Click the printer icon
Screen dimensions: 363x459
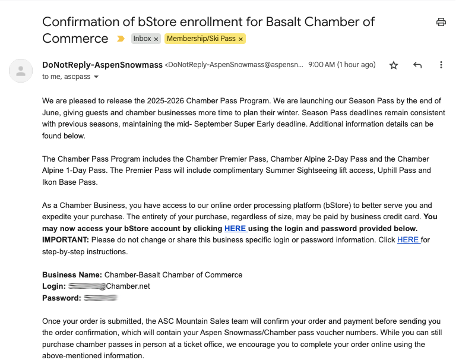coord(441,23)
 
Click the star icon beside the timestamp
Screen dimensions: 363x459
coord(394,65)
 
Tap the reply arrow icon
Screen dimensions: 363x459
coord(417,65)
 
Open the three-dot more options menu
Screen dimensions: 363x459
coord(441,65)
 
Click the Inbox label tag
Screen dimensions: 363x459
coord(143,39)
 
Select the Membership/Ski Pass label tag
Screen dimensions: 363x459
coord(201,39)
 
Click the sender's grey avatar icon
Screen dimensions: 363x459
coord(21,71)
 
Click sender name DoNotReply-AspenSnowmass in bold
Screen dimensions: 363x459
coord(102,65)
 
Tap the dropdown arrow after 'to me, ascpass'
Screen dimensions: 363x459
coord(96,77)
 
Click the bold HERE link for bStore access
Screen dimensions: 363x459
coord(235,229)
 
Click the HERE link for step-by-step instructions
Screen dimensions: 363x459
coord(408,240)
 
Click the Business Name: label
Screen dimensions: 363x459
coord(72,275)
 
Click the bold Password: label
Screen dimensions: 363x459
coord(61,298)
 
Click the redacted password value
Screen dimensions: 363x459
coord(100,298)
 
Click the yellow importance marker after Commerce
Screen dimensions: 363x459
coord(121,39)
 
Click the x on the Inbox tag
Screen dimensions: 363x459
coord(156,39)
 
